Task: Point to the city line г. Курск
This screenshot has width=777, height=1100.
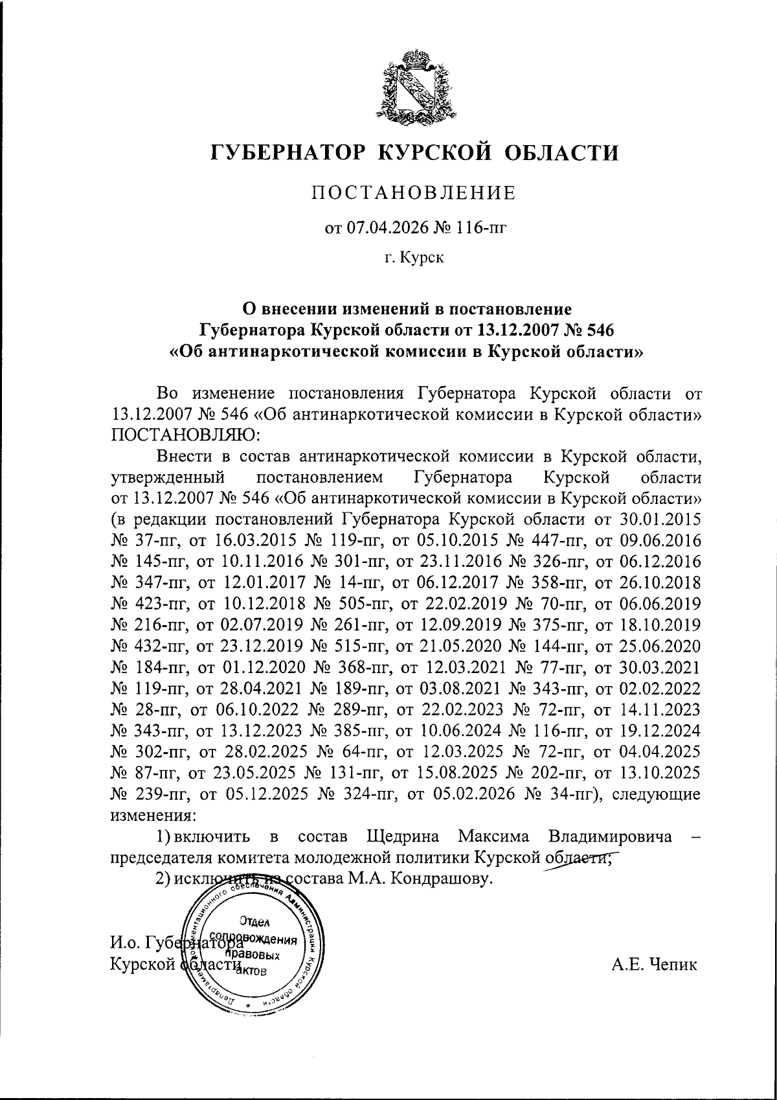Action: [414, 258]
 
